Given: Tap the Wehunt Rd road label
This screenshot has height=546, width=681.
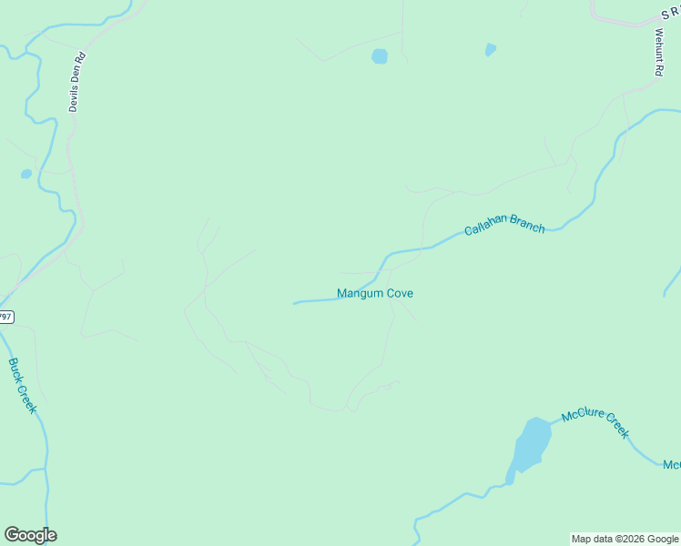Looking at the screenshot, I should pos(658,52).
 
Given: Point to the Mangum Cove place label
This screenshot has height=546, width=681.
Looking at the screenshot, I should pos(375,293).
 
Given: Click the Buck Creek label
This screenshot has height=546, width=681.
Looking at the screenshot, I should pos(22,386).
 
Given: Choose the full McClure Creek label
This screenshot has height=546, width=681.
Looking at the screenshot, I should pos(595,424).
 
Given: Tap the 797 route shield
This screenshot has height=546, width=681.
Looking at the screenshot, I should pos(5,317).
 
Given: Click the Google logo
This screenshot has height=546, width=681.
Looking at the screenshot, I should pos(30,535).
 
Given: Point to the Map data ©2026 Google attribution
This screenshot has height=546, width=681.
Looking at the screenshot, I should pos(625,539).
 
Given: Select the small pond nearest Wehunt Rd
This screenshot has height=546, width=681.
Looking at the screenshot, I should pos(491,50).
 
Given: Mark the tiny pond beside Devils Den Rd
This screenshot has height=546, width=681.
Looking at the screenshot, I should pos(26,174).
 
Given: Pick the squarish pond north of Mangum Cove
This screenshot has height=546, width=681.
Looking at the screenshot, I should pos(380,56).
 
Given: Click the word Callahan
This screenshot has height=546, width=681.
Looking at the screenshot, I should pos(484,227).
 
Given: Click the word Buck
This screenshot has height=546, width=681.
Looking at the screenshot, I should pos(16,371).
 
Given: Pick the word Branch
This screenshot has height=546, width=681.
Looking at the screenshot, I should pos(527,224).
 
